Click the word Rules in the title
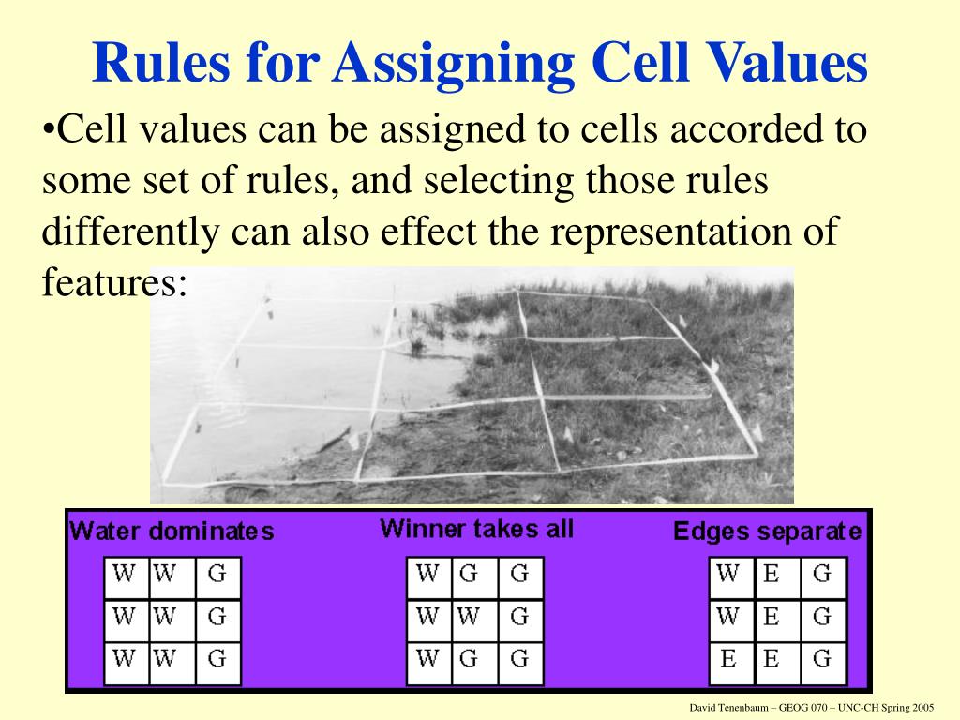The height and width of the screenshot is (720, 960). (159, 65)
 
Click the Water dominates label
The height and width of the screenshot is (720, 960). (172, 532)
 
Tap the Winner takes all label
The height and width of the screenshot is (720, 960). (476, 529)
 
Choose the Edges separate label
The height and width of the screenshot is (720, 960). (767, 532)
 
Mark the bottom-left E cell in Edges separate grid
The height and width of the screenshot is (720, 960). (728, 658)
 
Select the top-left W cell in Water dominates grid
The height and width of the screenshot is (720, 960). (123, 574)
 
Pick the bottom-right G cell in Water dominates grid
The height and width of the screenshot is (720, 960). (217, 658)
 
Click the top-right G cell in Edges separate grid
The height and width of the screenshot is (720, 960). (822, 574)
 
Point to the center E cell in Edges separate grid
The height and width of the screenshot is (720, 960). (772, 616)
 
